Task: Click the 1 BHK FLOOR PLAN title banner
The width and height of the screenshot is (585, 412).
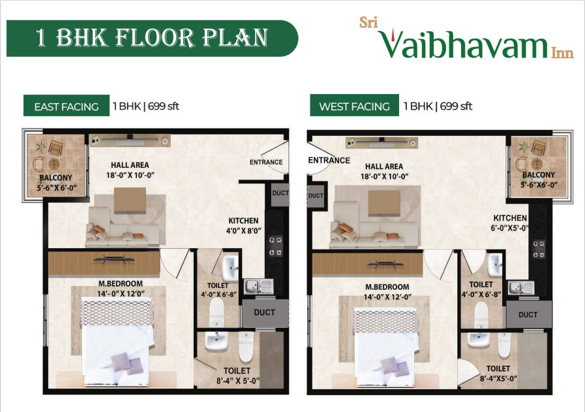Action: (x=151, y=38)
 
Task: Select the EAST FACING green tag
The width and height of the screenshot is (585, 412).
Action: (x=66, y=106)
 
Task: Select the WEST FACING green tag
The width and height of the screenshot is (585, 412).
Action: (x=353, y=106)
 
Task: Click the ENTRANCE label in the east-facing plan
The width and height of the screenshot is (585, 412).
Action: (x=266, y=162)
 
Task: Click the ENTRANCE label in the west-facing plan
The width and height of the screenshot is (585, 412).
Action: (x=329, y=160)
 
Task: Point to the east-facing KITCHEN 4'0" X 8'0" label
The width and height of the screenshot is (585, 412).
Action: (x=243, y=225)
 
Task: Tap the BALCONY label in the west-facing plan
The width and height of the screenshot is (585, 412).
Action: (x=539, y=180)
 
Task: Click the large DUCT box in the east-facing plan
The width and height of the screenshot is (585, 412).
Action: (x=264, y=313)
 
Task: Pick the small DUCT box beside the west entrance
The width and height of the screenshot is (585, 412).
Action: (x=316, y=195)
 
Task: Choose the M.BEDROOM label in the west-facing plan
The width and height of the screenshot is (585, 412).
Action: (x=387, y=291)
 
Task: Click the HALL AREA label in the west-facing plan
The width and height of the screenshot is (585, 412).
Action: (x=384, y=171)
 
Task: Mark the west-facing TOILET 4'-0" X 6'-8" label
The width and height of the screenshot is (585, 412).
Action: (x=481, y=289)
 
